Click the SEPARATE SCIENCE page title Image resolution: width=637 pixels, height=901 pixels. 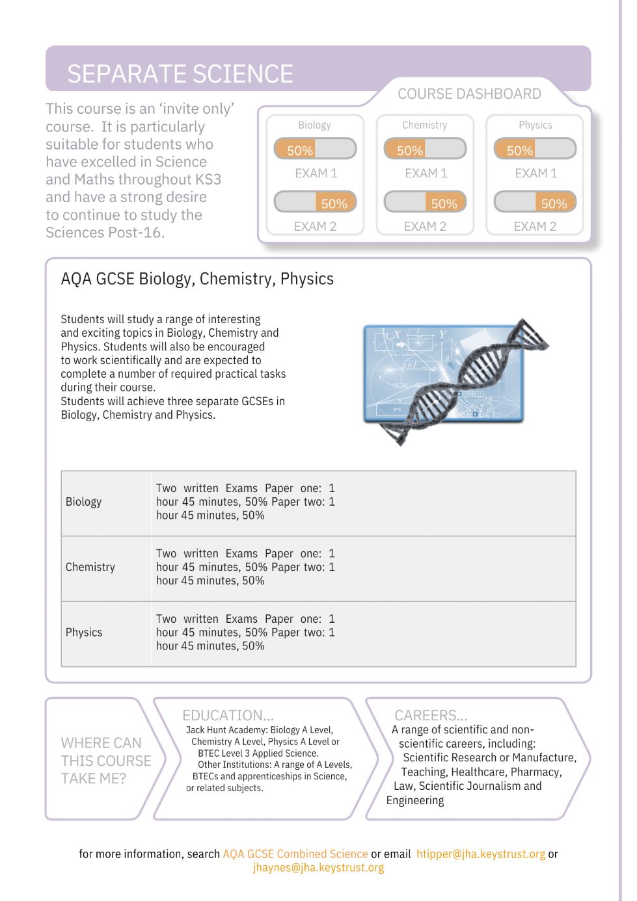point(180,73)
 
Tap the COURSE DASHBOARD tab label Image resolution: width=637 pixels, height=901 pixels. point(469,94)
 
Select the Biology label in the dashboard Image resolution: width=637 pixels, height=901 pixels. point(314,125)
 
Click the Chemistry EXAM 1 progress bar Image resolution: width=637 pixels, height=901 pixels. point(425,149)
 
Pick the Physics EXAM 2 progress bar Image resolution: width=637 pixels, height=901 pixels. point(535,202)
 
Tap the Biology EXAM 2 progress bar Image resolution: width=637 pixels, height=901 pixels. point(315,202)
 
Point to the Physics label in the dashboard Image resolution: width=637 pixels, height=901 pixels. point(535,125)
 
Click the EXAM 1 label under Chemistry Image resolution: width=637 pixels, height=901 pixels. point(426,174)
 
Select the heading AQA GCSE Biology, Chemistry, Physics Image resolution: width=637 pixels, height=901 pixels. point(197,279)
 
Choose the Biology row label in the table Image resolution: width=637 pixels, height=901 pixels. point(83,502)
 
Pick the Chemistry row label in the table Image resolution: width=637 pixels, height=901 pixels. point(90,567)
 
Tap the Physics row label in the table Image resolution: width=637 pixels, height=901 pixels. point(84,633)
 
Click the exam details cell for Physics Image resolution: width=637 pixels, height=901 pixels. point(245,633)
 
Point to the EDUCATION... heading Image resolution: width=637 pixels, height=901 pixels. point(228,715)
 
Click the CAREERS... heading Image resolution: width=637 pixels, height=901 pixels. point(430,715)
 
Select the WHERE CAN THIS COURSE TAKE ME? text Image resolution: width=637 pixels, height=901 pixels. point(105,761)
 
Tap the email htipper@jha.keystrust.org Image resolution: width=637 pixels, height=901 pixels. point(481,854)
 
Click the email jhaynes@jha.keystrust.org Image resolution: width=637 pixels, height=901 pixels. point(318,868)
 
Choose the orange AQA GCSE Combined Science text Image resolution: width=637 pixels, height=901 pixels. point(295,854)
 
